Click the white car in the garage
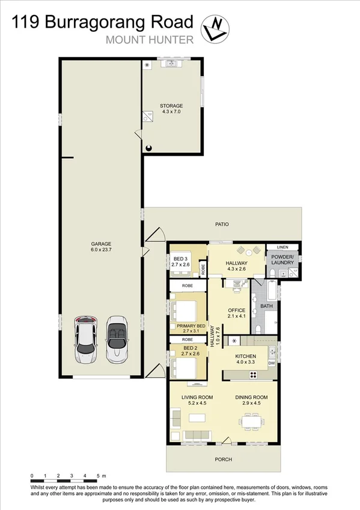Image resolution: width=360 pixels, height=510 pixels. [85, 339]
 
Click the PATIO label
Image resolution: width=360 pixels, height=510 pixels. [222, 224]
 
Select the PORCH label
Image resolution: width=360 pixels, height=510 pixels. [223, 459]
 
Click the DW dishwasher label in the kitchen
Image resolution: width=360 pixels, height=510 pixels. [272, 363]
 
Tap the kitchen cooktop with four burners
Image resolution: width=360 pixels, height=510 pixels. [253, 375]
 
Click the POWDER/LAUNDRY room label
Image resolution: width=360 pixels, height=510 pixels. [281, 260]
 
